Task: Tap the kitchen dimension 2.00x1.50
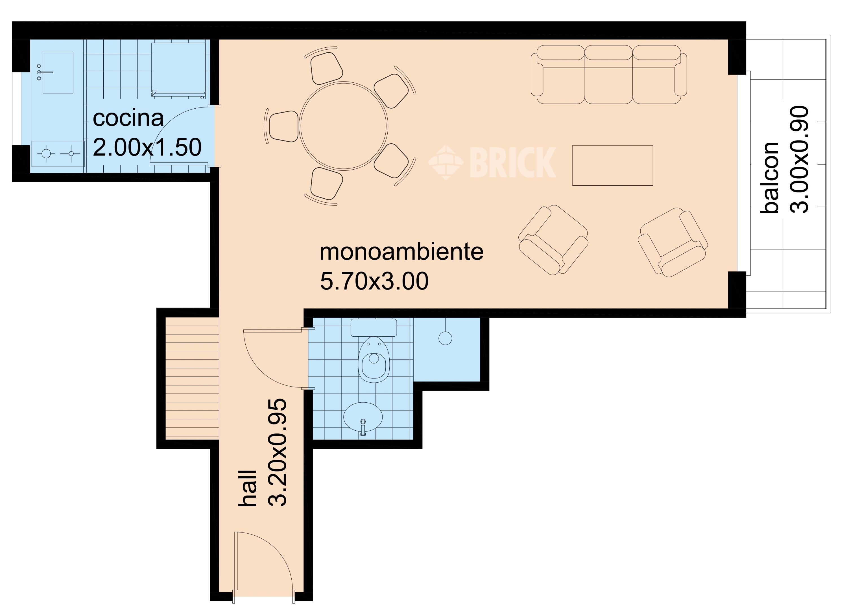coord(147,147)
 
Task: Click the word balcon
coord(770,178)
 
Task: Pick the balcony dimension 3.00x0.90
coord(799,159)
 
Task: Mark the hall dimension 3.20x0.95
coord(278,452)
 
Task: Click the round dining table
coord(344,126)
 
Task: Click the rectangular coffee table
coord(612,165)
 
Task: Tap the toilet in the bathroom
coord(374,351)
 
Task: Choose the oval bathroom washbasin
coord(363,417)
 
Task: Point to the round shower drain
coord(445,339)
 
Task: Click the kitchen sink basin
coord(58,73)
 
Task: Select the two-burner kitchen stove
coord(58,154)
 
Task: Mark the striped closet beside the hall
coord(192,378)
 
